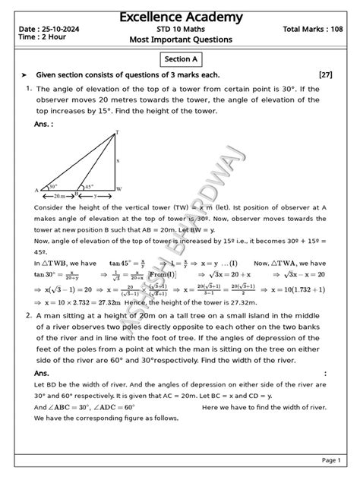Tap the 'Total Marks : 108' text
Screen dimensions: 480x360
(313, 29)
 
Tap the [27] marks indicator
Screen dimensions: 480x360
(326, 75)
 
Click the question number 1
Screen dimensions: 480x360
(27, 89)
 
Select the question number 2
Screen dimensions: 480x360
(27, 314)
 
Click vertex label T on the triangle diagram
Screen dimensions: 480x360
(116, 132)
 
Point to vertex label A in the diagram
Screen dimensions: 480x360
(36, 189)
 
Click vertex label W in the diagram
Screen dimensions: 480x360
(120, 188)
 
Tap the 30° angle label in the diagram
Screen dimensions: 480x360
(53, 185)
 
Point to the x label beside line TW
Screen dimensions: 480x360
(118, 160)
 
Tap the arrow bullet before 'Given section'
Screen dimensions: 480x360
(24, 75)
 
